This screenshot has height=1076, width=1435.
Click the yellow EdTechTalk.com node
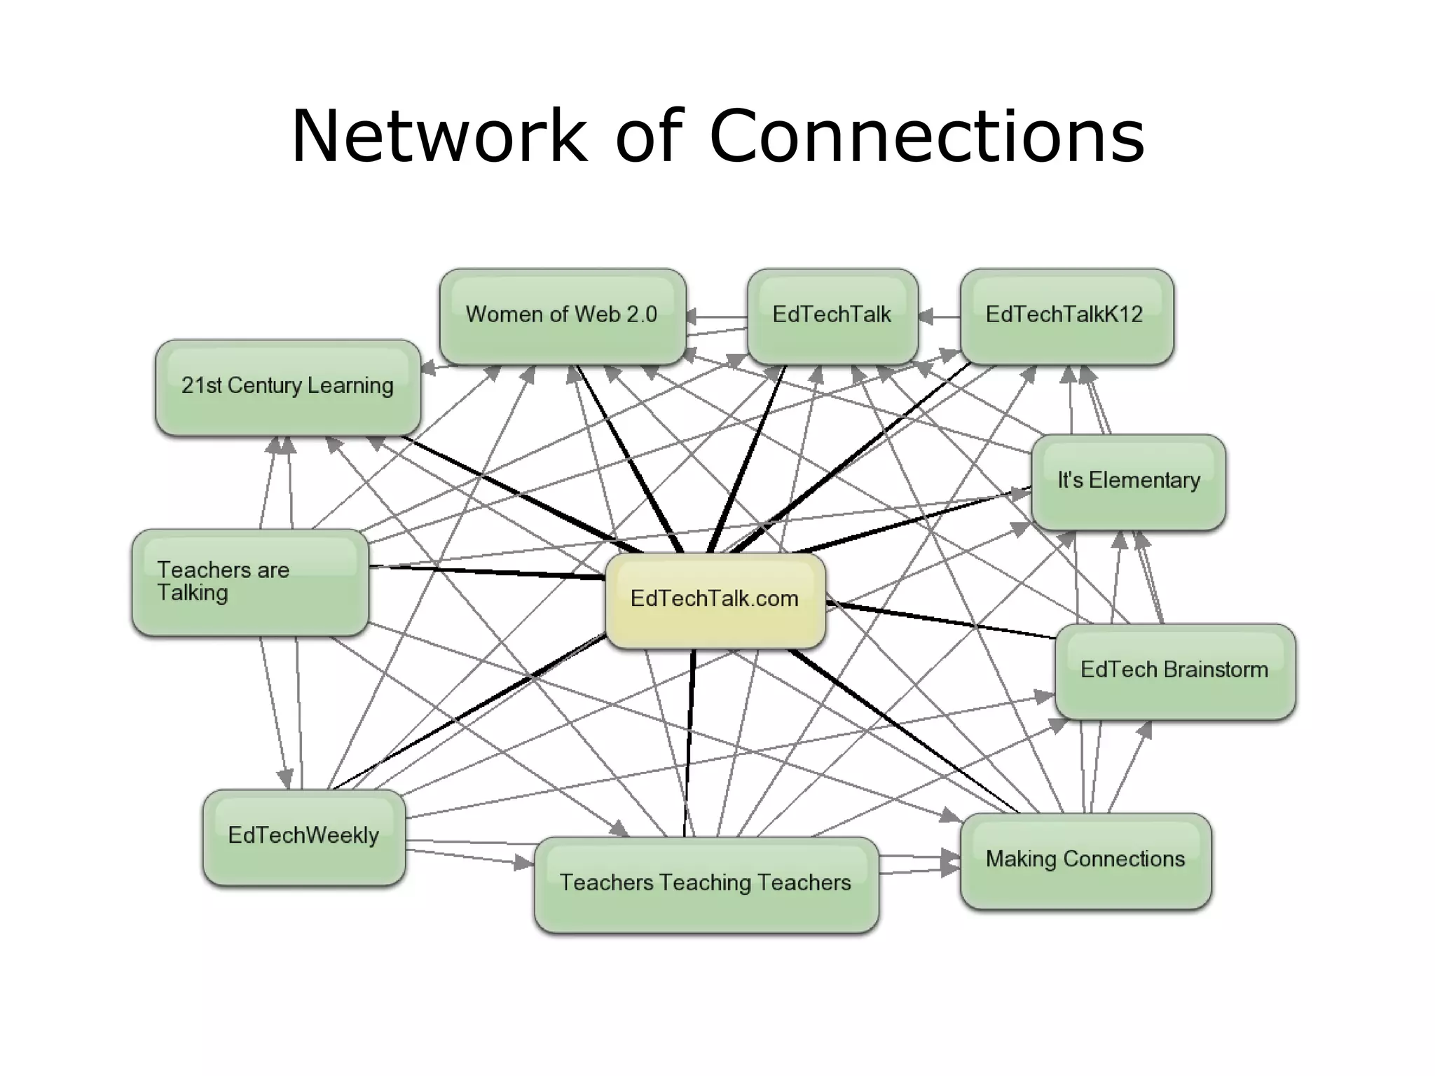pyautogui.click(x=715, y=600)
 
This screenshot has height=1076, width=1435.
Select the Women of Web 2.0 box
pyautogui.click(x=563, y=315)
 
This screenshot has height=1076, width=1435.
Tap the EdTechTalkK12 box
pyautogui.click(x=1066, y=315)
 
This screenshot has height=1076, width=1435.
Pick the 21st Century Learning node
pyautogui.click(x=288, y=387)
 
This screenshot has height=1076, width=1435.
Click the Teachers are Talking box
pyautogui.click(x=250, y=581)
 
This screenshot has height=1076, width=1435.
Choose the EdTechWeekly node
pyautogui.click(x=303, y=836)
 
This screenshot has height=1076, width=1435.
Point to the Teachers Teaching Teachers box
pyautogui.click(x=706, y=883)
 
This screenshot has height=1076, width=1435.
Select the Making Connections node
pyautogui.click(x=1085, y=860)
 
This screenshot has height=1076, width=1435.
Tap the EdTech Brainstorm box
pyautogui.click(x=1174, y=670)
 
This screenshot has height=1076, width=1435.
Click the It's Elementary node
pyautogui.click(x=1128, y=481)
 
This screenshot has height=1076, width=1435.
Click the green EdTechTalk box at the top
pyautogui.click(x=832, y=315)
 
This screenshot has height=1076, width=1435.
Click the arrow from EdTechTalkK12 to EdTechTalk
pyautogui.click(x=939, y=317)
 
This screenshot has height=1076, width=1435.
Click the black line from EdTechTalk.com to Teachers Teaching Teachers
pyautogui.click(x=689, y=743)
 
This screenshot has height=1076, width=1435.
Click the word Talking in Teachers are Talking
pyautogui.click(x=193, y=593)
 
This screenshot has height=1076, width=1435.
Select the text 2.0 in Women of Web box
pyautogui.click(x=642, y=315)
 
